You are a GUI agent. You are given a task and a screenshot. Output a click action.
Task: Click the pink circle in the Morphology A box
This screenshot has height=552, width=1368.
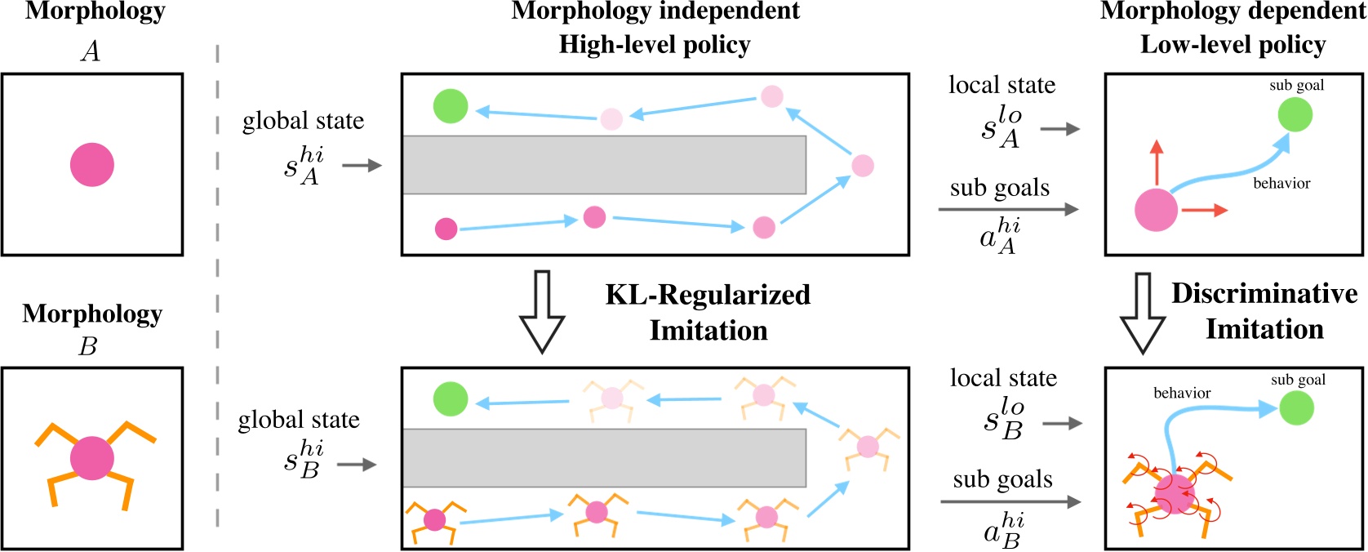point(91,165)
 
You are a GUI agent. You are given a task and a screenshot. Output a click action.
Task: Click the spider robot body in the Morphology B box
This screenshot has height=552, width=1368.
point(92,458)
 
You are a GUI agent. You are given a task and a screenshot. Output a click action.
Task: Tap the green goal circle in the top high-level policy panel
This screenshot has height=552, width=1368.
point(450,106)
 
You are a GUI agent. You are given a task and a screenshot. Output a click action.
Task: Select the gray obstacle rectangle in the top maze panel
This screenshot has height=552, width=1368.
point(604,165)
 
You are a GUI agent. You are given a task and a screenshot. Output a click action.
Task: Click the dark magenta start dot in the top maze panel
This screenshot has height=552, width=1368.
point(446,229)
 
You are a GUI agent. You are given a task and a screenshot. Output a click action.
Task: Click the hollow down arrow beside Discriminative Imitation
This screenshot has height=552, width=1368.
point(1142,314)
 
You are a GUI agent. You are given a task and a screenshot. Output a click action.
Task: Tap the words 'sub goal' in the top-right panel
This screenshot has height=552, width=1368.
point(1296,85)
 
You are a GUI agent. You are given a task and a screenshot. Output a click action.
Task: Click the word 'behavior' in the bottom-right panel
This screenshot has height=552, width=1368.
point(1181,394)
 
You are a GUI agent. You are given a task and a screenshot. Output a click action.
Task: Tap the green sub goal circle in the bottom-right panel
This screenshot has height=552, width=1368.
point(1296,407)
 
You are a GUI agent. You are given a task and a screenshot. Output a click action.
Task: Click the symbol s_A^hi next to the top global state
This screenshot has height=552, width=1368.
point(303,166)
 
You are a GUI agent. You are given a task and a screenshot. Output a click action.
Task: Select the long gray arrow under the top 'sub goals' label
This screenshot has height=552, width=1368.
point(1009,210)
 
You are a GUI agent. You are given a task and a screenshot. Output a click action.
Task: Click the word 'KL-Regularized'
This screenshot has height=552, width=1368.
point(707,295)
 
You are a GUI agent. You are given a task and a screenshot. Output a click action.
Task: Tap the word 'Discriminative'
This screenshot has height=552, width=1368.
point(1264,293)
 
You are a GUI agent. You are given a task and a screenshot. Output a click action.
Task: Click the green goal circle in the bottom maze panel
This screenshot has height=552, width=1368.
point(451,399)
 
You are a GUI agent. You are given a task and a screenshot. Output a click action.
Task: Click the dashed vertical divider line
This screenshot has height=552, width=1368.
point(218,286)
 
